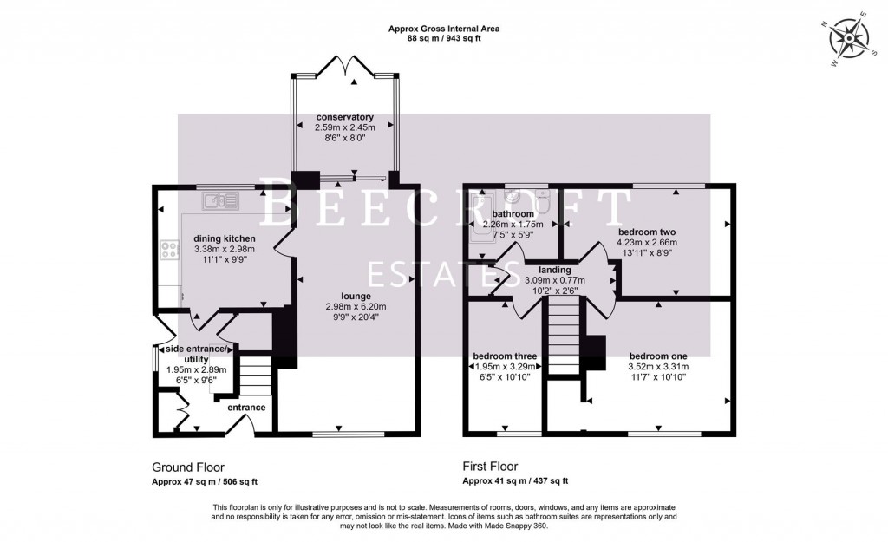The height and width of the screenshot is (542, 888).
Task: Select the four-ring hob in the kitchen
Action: [166, 251]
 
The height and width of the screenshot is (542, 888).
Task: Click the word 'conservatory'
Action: [344, 117]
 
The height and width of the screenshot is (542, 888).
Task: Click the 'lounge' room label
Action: [343, 296]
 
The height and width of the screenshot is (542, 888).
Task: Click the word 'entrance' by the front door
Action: [246, 407]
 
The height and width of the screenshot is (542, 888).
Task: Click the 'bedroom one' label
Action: [658, 356]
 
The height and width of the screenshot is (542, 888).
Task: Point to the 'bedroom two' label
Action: [647, 232]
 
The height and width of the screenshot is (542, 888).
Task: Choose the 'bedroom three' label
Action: [505, 356]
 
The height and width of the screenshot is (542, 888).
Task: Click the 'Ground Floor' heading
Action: [181, 466]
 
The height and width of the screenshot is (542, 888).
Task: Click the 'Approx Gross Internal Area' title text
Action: [443, 29]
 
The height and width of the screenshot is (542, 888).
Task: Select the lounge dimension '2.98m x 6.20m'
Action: [343, 306]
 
